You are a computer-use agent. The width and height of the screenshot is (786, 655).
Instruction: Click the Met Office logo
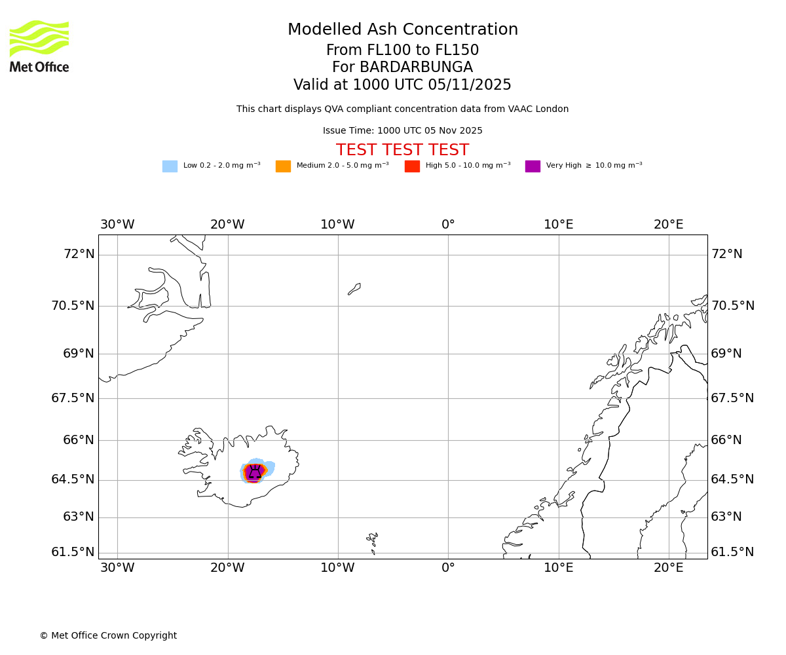pos(39,46)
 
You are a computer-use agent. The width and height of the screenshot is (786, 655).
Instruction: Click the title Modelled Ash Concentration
pos(403,30)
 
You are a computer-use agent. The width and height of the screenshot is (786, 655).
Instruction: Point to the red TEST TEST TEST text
pos(402,151)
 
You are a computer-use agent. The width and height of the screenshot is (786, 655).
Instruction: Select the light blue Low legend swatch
pos(170,166)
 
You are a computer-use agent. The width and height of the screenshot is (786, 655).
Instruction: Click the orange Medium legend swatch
pos(283,166)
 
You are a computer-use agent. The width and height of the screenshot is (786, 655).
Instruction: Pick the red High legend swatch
pos(412,166)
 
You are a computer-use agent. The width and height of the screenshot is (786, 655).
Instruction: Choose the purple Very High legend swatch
pos(533,166)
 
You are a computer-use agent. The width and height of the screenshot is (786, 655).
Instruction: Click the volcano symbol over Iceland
pos(255,472)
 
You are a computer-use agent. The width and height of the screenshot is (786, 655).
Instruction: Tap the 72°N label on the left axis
pos(79,254)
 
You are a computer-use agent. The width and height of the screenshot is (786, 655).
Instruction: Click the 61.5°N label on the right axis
pos(732,552)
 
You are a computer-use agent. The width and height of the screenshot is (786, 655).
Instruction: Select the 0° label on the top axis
pos(448,225)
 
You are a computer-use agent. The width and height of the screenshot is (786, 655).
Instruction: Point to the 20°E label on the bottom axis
pos(668,568)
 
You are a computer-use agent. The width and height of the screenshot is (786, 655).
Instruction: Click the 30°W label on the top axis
pos(117,225)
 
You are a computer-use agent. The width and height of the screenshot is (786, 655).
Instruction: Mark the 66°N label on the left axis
pos(79,440)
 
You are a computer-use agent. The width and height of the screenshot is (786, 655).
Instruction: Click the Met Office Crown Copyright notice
pos(108,636)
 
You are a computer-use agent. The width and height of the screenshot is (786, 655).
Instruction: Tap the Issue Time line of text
pos(402,131)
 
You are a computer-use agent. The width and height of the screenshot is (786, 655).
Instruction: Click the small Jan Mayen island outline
pos(354,289)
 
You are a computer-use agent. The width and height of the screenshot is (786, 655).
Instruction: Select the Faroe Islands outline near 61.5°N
pos(373,541)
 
